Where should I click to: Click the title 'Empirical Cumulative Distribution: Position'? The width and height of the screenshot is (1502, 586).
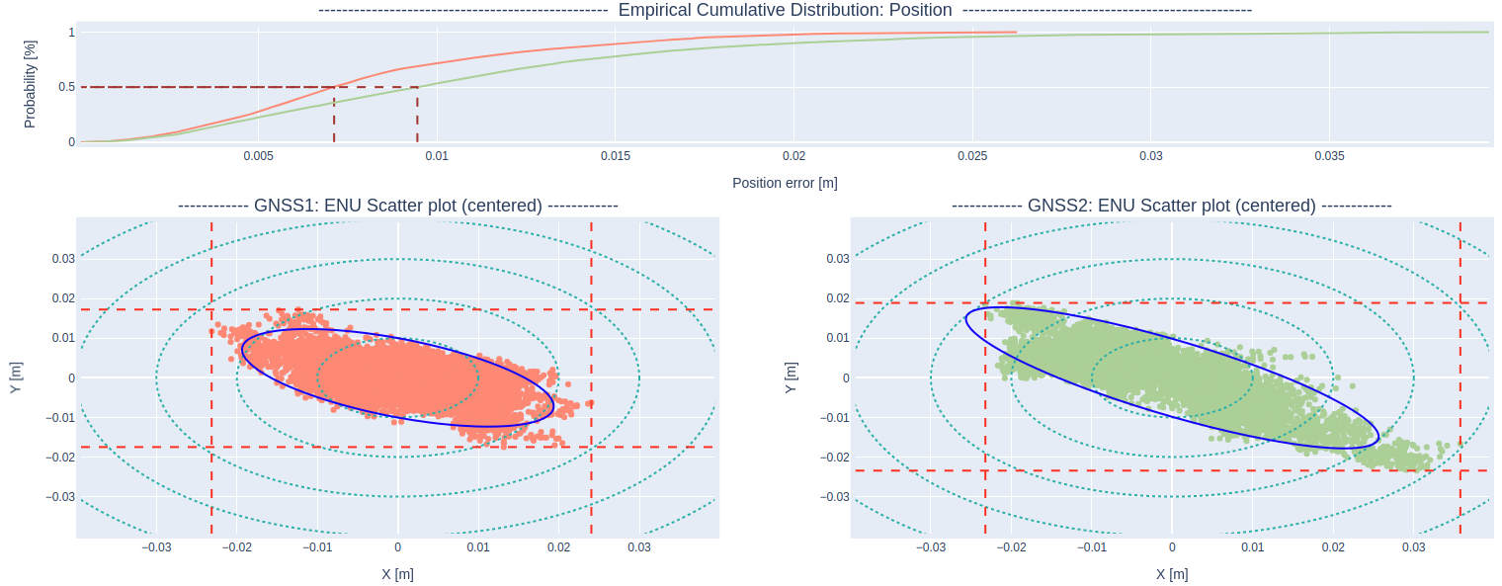(785, 11)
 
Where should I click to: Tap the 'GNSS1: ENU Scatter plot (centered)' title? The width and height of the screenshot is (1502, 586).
(397, 206)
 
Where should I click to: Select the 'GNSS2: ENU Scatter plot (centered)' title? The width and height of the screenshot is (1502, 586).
(1171, 206)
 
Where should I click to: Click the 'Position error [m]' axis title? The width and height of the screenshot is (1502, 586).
(785, 183)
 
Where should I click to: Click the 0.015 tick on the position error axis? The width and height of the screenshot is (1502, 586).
(615, 156)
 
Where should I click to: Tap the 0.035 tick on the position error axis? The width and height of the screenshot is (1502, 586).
(1329, 156)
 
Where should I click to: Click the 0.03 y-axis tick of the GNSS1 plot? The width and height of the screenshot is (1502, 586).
(63, 258)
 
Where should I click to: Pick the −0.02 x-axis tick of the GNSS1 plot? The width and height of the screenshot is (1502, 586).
(237, 546)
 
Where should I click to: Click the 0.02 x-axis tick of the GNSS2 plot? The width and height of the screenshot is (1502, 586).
(1333, 546)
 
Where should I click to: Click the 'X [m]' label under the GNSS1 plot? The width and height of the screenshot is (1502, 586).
(397, 574)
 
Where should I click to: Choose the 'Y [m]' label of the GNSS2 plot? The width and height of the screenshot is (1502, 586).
(791, 377)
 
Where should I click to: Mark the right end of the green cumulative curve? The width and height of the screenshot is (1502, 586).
(1488, 33)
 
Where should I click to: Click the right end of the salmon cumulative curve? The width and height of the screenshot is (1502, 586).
(1016, 33)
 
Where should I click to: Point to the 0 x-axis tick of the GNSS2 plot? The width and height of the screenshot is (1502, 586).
(1172, 546)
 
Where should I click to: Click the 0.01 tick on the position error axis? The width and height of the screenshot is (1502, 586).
(437, 156)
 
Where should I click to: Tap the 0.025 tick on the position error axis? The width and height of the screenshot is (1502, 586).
(972, 156)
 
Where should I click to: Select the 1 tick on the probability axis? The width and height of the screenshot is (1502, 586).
(71, 33)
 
